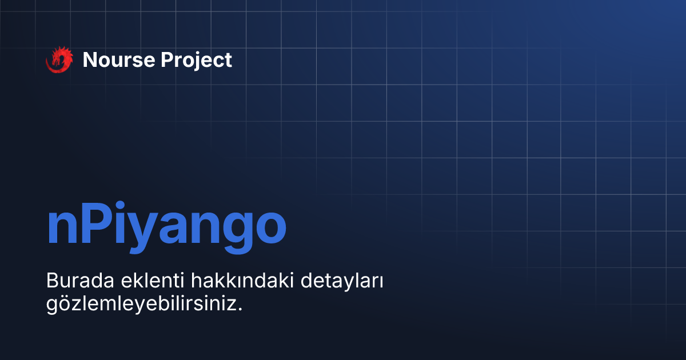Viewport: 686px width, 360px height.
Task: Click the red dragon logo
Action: pyautogui.click(x=59, y=59)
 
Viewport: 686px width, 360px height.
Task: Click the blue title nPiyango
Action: pyautogui.click(x=166, y=226)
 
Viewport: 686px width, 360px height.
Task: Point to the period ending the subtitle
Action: pyautogui.click(x=241, y=309)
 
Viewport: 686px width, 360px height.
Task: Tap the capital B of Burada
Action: pyautogui.click(x=51, y=282)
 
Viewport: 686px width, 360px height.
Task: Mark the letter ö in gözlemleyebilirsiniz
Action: pyautogui.click(x=62, y=304)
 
